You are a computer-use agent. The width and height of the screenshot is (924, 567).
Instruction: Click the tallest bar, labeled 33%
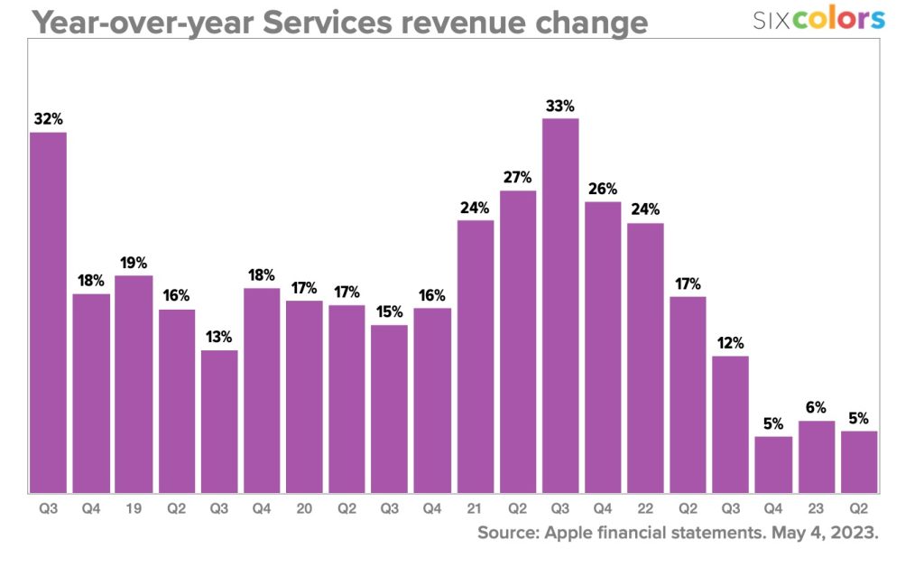[560, 305]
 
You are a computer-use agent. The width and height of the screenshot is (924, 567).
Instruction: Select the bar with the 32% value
[48, 312]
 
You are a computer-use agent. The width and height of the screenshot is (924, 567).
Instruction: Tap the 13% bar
[219, 421]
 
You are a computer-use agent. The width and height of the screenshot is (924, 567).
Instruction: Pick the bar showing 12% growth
[730, 424]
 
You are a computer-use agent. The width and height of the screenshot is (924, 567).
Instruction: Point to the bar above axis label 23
[816, 456]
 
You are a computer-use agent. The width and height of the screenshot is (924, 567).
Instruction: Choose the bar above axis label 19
[134, 384]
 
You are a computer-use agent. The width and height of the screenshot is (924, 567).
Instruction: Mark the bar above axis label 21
[476, 356]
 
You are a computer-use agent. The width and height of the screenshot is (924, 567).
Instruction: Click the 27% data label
[518, 177]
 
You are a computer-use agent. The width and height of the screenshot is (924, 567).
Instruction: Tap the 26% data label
[603, 189]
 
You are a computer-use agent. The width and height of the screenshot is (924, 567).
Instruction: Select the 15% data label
[390, 311]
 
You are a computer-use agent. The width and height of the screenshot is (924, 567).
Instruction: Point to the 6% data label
[816, 408]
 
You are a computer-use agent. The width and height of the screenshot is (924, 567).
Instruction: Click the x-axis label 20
[304, 509]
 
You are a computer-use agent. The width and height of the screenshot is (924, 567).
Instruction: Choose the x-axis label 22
[645, 509]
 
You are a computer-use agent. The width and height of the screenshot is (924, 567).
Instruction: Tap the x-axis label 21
[475, 509]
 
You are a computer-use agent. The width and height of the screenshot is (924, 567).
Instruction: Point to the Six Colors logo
[818, 18]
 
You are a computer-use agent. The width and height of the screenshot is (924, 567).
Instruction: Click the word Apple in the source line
[568, 533]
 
